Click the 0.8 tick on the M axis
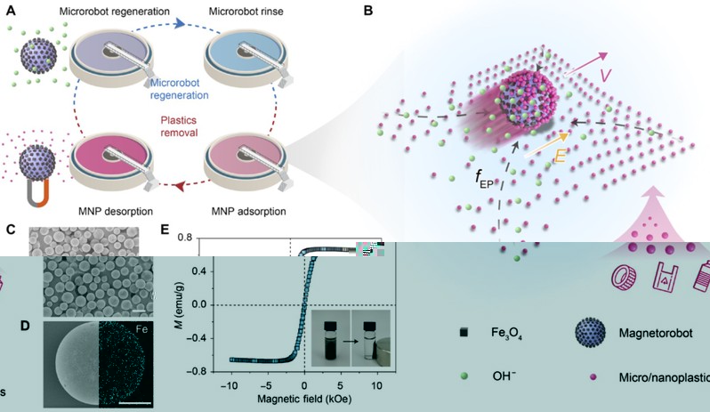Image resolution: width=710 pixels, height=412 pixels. click(x=184, y=238)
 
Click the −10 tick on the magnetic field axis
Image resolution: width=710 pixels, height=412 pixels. click(x=229, y=385)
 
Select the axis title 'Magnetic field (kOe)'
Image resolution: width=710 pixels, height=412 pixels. click(x=305, y=400)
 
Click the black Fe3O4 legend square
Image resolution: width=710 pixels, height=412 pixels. click(x=464, y=334)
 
